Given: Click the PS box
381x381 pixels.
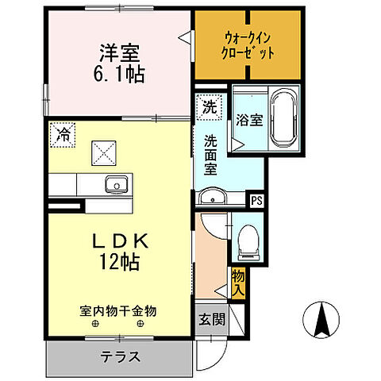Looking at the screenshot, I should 256,201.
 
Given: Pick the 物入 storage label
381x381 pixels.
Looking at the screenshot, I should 237,281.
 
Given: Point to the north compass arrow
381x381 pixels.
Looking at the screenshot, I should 324,321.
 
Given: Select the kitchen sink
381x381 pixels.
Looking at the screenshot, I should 117,187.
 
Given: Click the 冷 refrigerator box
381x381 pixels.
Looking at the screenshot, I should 61,134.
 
